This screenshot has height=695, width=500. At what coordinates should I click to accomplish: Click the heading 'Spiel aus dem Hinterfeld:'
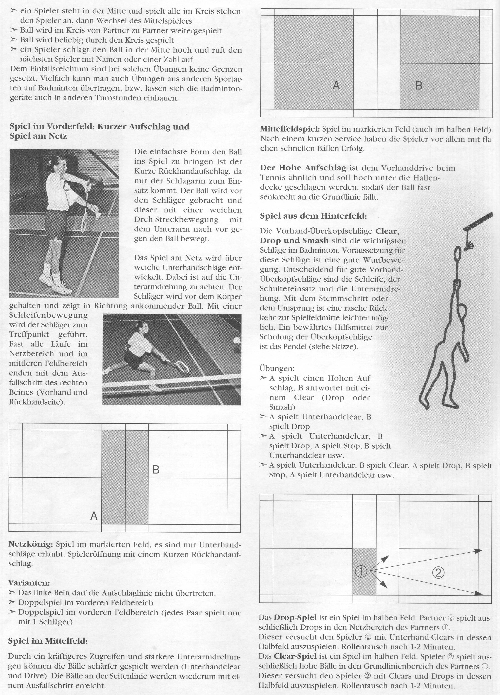pyautogui.click(x=313, y=216)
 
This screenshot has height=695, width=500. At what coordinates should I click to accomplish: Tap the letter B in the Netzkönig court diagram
pyautogui.click(x=156, y=469)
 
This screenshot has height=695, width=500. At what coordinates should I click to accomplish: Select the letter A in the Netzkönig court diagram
pyautogui.click(x=94, y=516)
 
